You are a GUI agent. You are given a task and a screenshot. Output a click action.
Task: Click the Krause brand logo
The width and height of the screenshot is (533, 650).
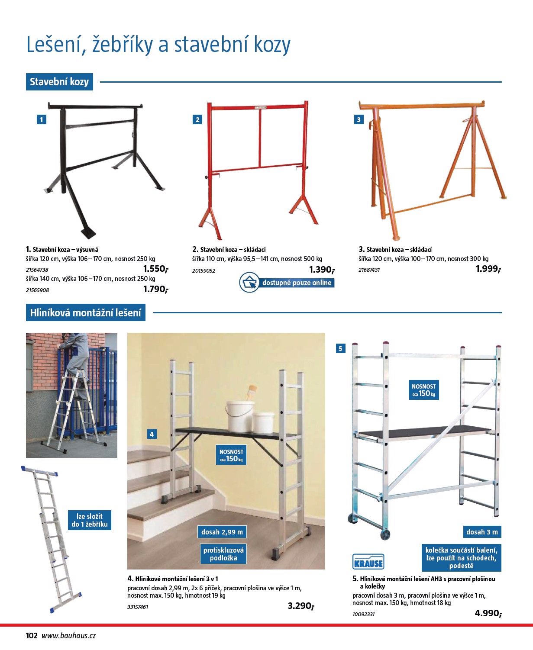368,561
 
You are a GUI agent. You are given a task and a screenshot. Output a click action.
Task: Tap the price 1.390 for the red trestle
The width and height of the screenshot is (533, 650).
322,270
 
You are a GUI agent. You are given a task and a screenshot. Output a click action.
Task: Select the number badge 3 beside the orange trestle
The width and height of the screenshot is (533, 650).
359,119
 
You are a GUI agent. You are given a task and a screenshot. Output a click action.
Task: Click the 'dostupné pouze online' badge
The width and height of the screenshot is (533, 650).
287,282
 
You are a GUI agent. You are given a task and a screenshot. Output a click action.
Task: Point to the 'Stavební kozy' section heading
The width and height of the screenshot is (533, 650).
59,82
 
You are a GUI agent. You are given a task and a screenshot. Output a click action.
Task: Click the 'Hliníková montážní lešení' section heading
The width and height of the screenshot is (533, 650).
85,312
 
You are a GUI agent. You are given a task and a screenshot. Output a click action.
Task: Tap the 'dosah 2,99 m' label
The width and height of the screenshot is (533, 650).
222,532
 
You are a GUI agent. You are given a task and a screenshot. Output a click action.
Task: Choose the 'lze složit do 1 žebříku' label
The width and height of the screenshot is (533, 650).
90,520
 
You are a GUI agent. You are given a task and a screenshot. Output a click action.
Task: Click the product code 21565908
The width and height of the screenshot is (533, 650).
37,290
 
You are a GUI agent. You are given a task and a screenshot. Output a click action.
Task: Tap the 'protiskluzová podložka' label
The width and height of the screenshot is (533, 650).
223,554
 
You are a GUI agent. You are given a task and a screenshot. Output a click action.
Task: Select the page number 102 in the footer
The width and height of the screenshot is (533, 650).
32,636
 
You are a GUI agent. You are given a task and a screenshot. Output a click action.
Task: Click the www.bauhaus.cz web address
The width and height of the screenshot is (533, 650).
68,636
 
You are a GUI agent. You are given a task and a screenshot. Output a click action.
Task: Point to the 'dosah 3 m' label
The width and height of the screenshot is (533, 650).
482,532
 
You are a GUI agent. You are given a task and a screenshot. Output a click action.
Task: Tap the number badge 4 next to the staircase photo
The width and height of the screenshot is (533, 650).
152,434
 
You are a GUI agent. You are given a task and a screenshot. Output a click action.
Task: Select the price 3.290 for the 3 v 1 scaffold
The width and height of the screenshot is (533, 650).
301,605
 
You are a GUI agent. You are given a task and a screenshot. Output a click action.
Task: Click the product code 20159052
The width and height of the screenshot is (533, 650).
204,270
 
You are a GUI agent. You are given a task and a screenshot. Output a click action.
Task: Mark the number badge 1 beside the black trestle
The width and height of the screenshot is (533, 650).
41,119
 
